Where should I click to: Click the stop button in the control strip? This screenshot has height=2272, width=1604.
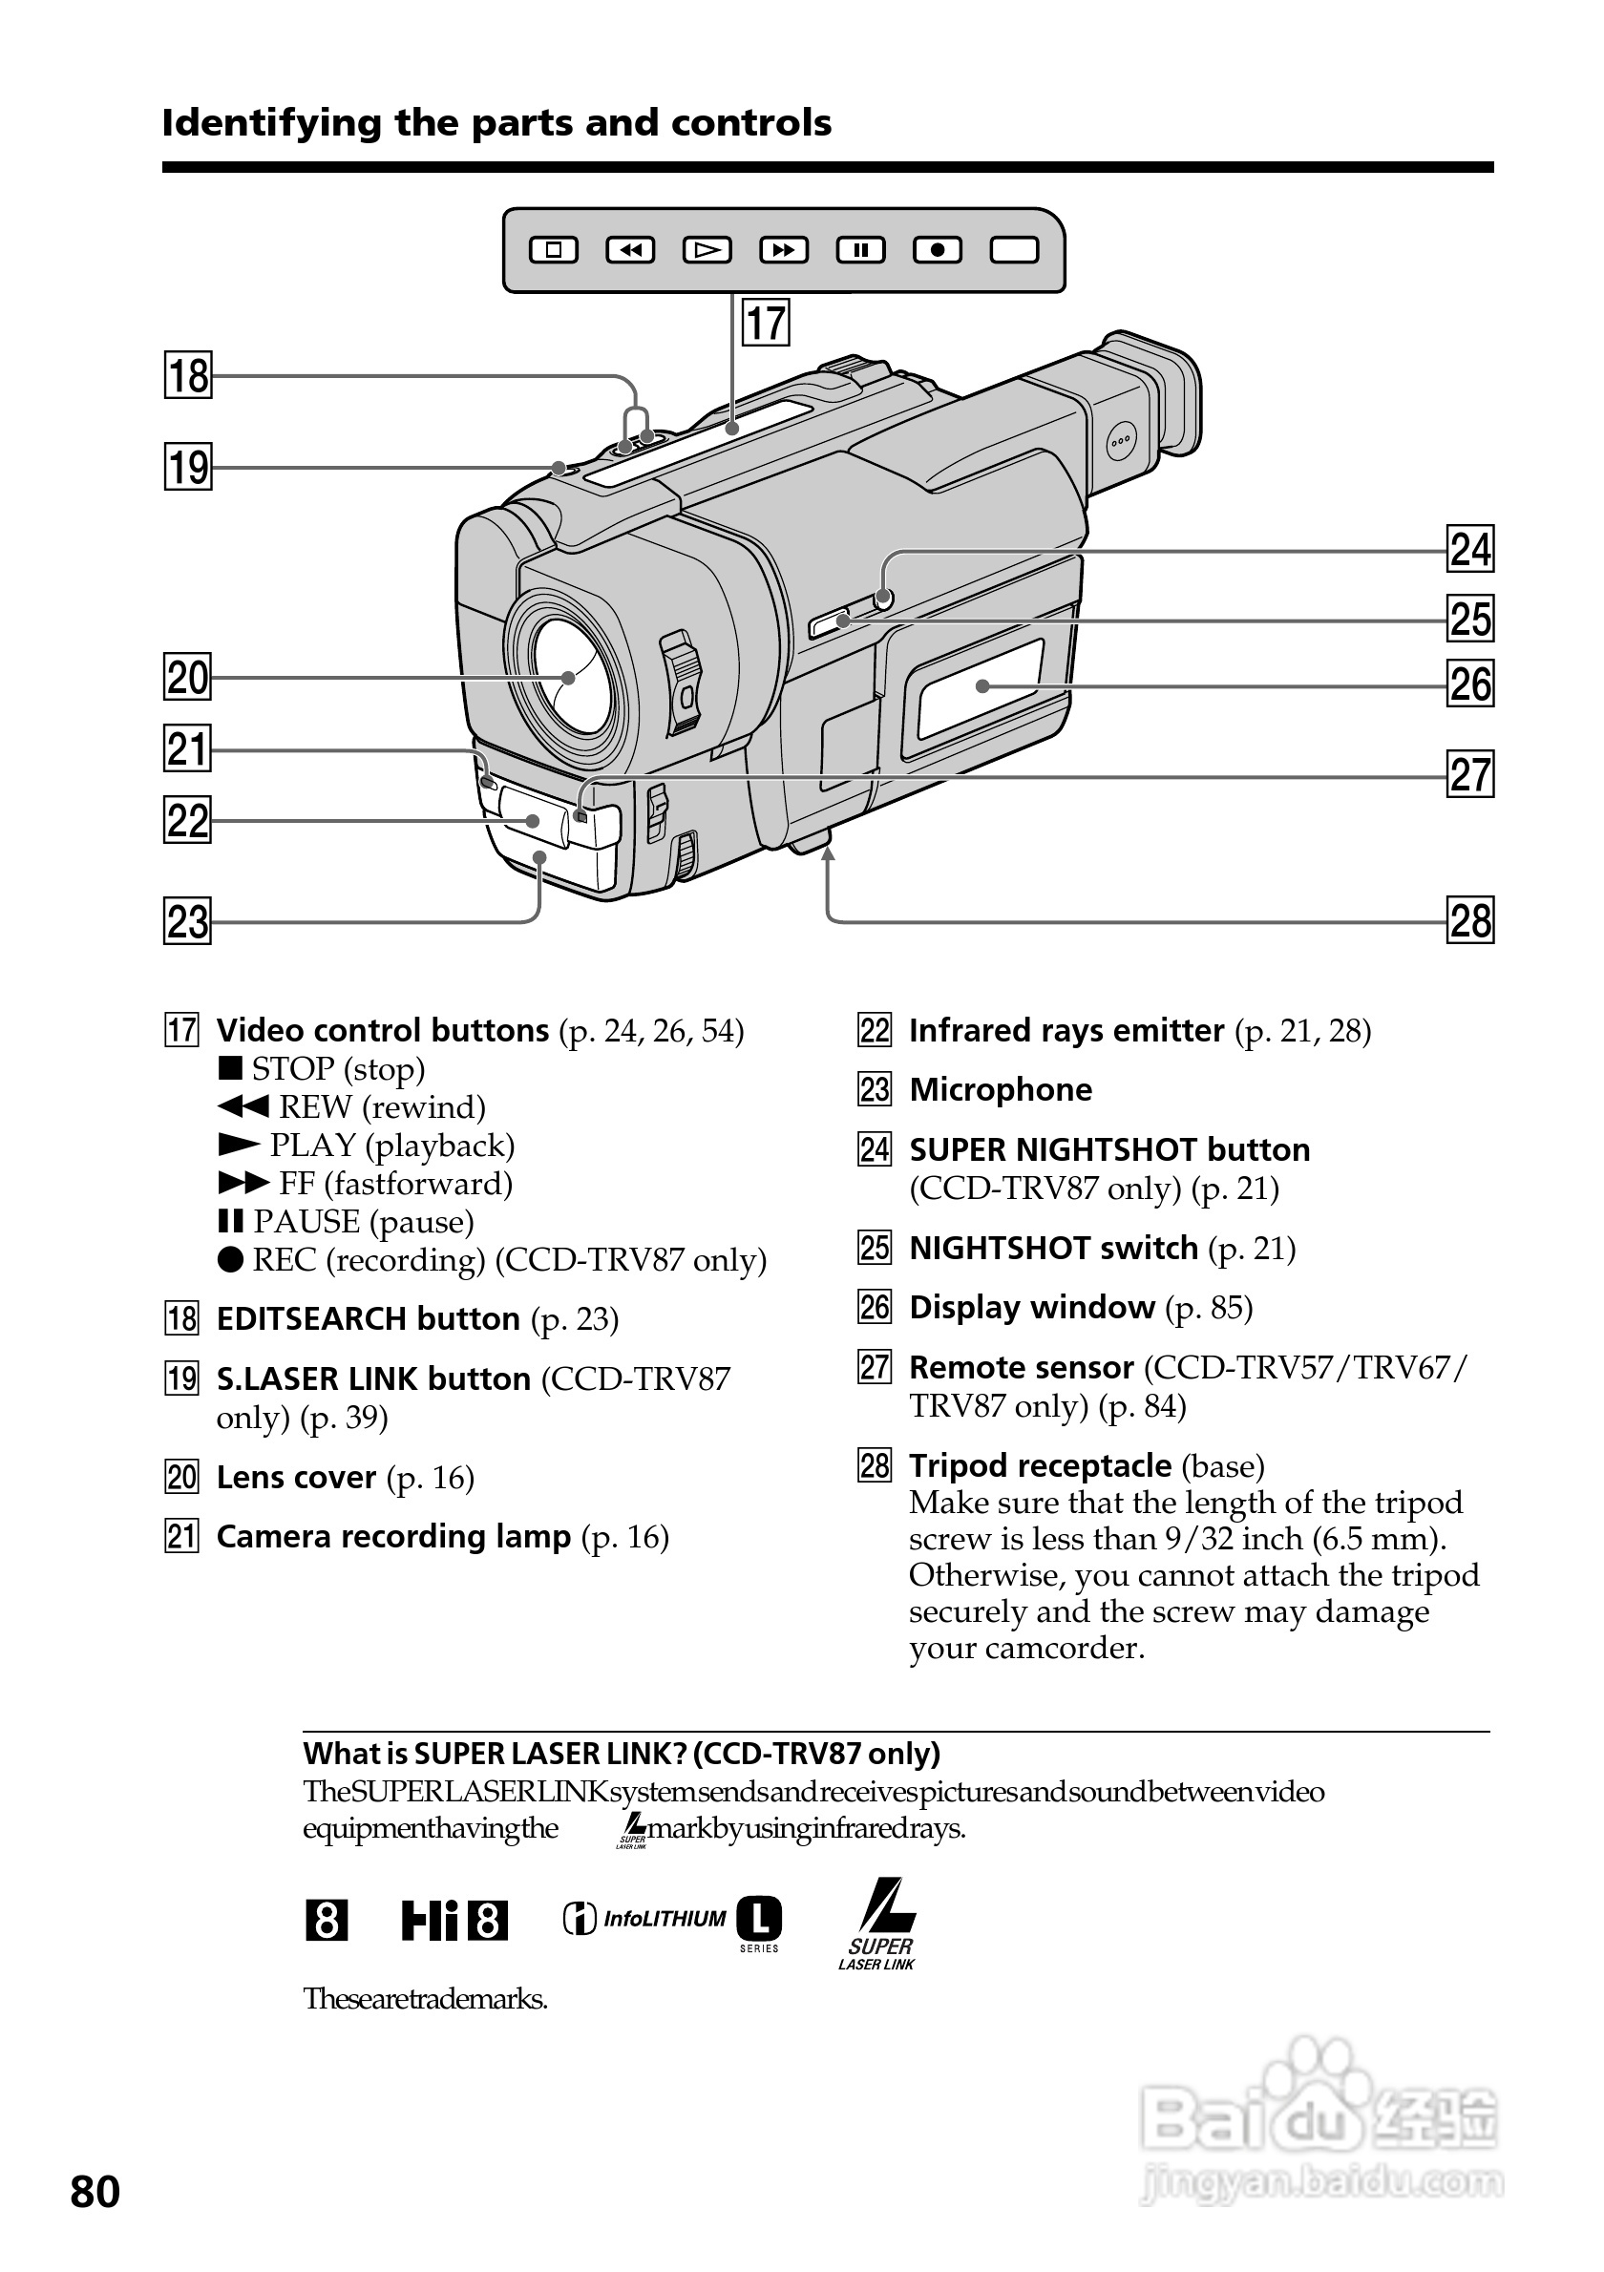tap(554, 250)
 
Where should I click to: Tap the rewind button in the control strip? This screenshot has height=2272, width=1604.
tap(630, 250)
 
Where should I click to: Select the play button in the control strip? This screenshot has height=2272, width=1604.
tap(707, 250)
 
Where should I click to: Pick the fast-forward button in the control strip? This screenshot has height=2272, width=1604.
tap(784, 250)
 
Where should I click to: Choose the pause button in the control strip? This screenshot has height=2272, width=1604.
tap(861, 250)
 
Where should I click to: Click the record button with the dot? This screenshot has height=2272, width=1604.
tap(937, 250)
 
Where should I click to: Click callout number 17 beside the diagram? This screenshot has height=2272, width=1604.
tap(766, 324)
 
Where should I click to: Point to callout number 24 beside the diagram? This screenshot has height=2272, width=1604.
tap(1470, 550)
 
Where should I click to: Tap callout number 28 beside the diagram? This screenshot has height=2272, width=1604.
tap(1470, 921)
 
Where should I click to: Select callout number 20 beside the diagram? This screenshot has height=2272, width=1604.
tap(187, 678)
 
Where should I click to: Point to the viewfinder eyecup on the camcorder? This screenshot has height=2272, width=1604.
tap(1163, 396)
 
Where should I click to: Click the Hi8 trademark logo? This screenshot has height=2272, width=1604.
tap(454, 1922)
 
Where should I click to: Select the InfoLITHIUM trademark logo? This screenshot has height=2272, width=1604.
tap(672, 1921)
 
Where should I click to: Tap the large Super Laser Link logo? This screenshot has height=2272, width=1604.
tap(877, 1924)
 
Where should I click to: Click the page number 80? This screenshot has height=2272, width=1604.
tap(95, 2192)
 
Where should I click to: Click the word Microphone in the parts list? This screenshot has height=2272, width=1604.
tap(1001, 1089)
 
